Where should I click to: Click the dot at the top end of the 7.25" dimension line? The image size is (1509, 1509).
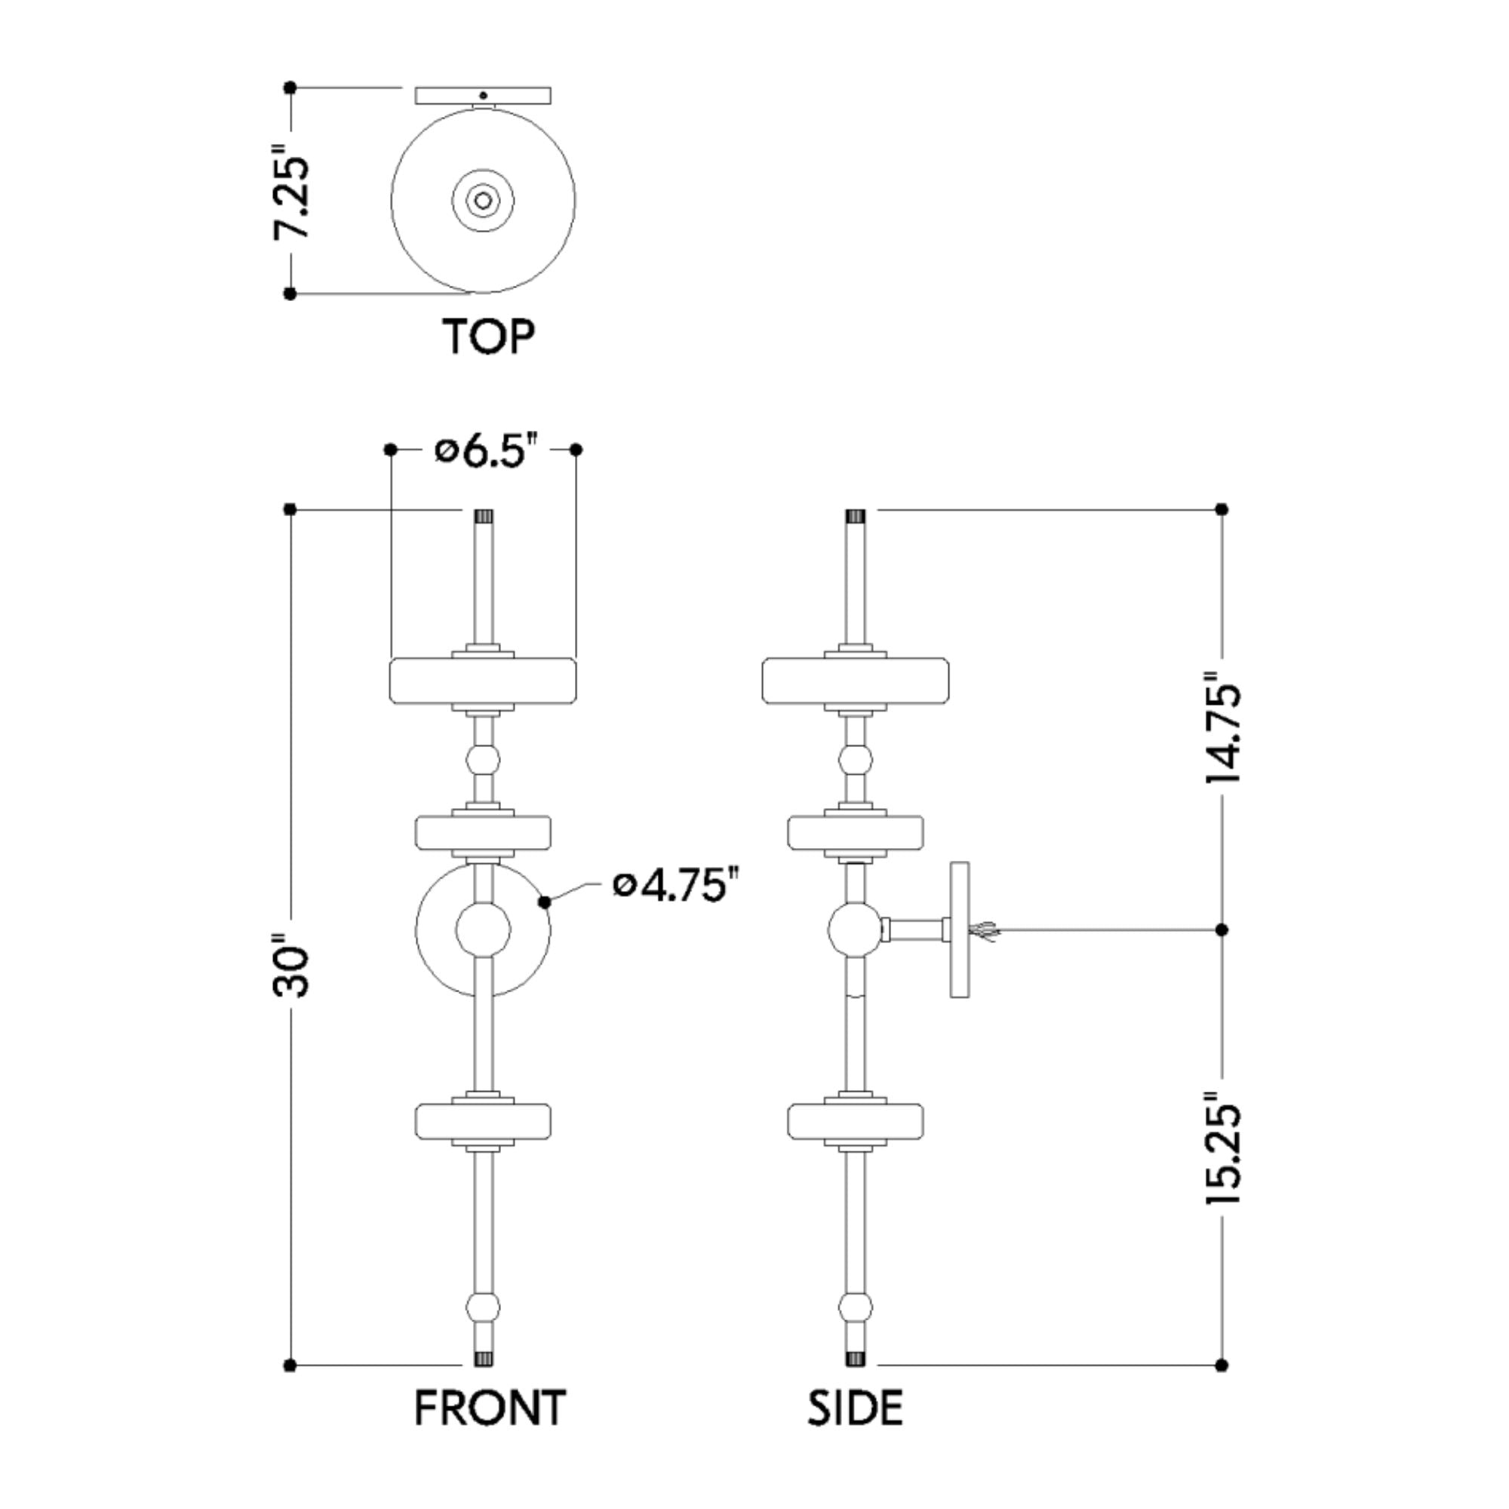[290, 88]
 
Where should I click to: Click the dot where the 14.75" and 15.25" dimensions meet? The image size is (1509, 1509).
[1222, 930]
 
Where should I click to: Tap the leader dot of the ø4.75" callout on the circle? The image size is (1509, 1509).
[546, 903]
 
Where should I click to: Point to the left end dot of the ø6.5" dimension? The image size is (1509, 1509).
[391, 449]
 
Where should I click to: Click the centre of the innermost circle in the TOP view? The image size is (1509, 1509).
[483, 201]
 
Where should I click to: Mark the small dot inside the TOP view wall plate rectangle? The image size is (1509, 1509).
[484, 95]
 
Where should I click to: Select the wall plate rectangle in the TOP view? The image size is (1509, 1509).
[483, 95]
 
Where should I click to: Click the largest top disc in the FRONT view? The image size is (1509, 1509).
[483, 681]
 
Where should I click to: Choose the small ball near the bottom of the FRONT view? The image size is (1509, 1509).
[483, 1307]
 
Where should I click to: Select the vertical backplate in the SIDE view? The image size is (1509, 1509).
[959, 930]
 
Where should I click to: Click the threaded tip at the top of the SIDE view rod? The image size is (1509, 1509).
[856, 516]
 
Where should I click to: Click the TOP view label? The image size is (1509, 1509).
[489, 336]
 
